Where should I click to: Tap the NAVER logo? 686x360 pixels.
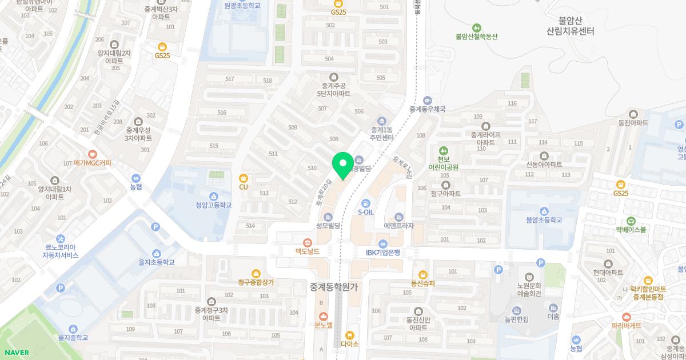click(16, 352)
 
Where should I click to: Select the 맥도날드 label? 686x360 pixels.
click(307, 251)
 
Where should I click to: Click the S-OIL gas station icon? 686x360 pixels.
click(366, 203)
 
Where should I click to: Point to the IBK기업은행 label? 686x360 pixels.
click(383, 253)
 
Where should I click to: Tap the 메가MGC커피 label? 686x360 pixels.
click(93, 163)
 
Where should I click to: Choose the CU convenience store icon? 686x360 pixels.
click(244, 178)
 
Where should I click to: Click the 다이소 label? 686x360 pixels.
click(349, 344)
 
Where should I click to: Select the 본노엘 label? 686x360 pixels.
click(324, 325)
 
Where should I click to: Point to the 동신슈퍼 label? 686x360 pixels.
click(423, 283)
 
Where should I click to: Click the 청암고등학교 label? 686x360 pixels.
click(213, 205)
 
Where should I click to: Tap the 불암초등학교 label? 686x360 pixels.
click(544, 220)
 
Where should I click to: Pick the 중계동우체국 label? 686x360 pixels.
click(427, 109)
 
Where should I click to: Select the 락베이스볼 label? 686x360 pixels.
click(631, 230)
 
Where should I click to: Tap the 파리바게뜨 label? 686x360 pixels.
click(627, 326)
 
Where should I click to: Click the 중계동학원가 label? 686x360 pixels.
click(333, 287)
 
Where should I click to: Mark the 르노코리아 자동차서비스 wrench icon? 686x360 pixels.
click(61, 238)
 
